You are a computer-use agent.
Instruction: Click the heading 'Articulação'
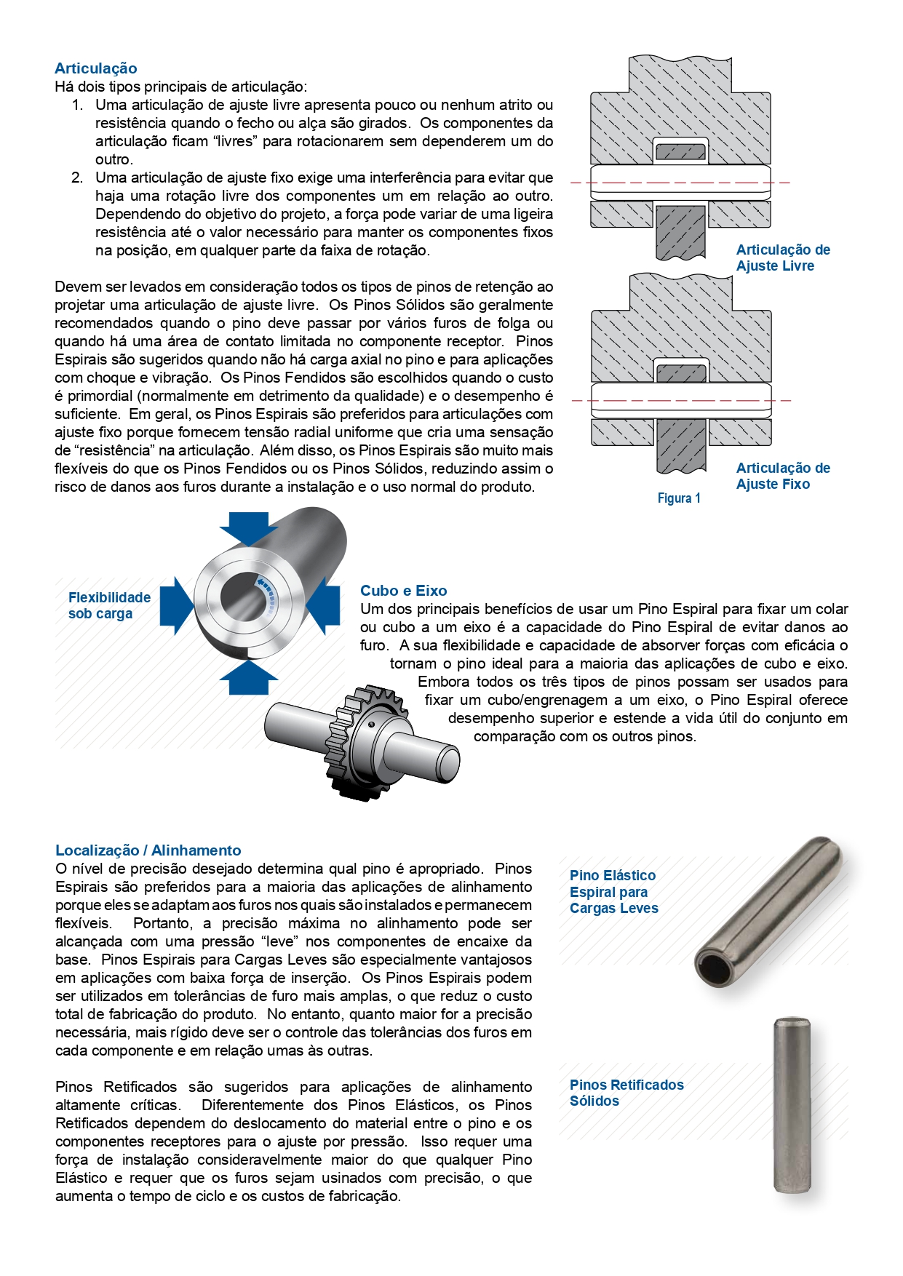[95, 68]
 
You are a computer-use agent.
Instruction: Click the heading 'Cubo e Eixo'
[403, 591]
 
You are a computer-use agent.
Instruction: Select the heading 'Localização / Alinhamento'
[148, 850]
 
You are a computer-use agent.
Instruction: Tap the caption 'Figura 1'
[678, 498]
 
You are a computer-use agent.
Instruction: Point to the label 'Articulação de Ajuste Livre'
[782, 258]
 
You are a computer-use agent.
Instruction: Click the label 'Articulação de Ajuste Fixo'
[782, 476]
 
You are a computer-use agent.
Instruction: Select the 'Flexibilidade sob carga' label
[109, 605]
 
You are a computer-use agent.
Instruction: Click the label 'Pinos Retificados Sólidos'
[626, 1093]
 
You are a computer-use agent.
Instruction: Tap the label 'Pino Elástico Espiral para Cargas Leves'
[613, 892]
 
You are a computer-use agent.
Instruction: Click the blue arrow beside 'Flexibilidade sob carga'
[175, 605]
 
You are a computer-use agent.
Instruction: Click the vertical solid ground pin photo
[791, 1105]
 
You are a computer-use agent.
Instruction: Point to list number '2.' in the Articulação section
[77, 178]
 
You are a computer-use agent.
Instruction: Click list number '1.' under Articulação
[77, 105]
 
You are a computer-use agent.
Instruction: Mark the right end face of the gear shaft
[449, 762]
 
